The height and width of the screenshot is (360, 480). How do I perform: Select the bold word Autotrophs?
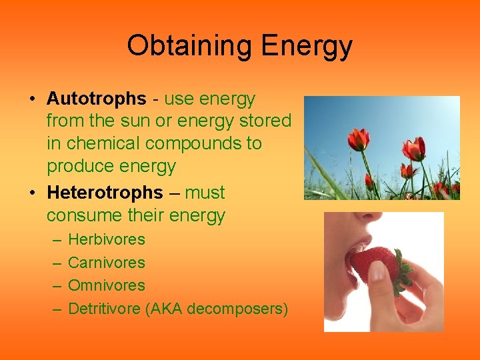pyautogui.click(x=96, y=99)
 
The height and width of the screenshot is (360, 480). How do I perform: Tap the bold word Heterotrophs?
pyautogui.click(x=105, y=193)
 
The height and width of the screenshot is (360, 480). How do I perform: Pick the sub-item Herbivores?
pyautogui.click(x=107, y=239)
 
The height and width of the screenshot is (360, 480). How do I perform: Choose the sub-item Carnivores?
pyautogui.click(x=107, y=263)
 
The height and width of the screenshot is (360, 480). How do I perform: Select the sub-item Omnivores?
pyautogui.click(x=107, y=285)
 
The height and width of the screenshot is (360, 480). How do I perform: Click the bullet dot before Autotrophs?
pyautogui.click(x=32, y=99)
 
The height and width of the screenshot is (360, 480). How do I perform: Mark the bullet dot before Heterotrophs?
pyautogui.click(x=32, y=193)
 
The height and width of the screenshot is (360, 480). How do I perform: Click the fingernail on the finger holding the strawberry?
pyautogui.click(x=377, y=271)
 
